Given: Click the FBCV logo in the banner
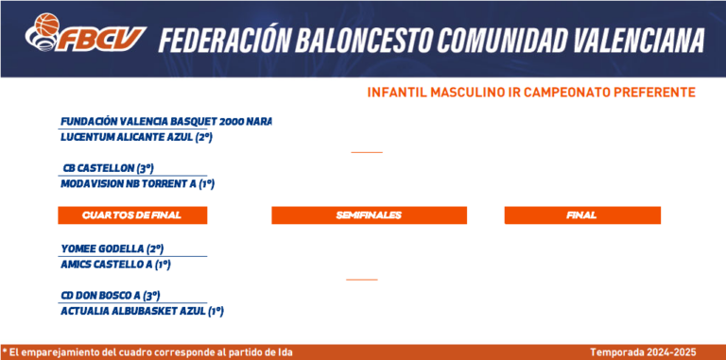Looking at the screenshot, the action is point(86,32).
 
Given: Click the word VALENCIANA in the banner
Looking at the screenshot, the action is point(639,41).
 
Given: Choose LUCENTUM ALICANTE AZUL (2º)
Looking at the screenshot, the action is point(136,137).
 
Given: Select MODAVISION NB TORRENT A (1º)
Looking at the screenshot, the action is point(137,184).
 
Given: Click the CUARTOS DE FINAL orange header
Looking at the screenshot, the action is point(132,215).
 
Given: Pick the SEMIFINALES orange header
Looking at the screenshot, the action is point(369,215).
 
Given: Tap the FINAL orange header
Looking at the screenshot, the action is point(582,215).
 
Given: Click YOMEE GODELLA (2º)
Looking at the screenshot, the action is point(112,249).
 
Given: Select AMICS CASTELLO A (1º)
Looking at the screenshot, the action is point(115,266).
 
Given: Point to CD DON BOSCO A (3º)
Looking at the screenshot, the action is point(111,295).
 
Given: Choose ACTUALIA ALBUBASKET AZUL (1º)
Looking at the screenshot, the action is point(142,312).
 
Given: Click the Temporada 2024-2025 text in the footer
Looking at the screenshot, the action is point(643,352).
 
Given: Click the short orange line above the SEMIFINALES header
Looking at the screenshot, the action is point(367,152).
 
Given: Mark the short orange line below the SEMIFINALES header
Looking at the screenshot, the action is point(362,280).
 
